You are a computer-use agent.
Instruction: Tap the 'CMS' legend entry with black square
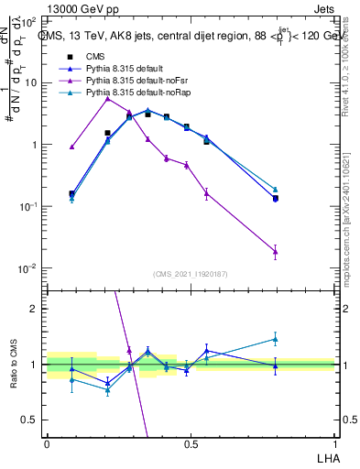point(94,58)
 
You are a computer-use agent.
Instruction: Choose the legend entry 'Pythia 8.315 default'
point(125,70)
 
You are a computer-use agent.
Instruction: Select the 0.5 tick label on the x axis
point(191,443)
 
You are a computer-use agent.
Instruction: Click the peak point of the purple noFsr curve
point(108,98)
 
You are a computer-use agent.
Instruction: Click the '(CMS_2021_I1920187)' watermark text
point(191,274)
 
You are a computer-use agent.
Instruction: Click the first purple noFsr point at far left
point(72,147)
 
